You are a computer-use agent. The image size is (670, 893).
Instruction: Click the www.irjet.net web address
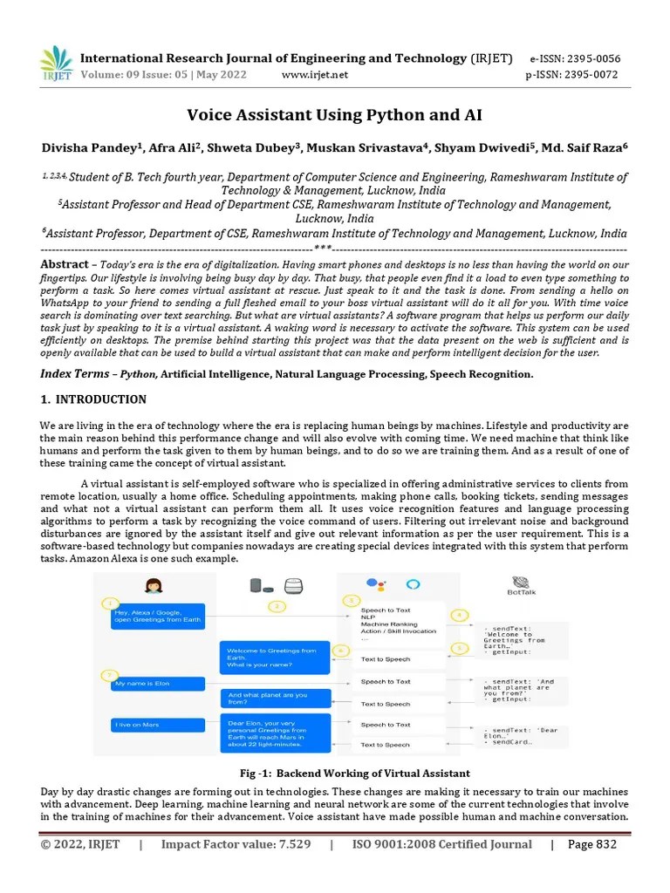click(x=315, y=75)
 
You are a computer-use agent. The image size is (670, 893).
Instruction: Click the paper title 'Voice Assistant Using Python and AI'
click(x=334, y=115)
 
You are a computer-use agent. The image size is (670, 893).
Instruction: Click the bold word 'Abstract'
click(x=65, y=264)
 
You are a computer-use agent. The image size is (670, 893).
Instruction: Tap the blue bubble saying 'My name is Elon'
click(x=157, y=684)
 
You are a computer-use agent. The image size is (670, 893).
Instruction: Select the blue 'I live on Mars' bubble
click(x=157, y=725)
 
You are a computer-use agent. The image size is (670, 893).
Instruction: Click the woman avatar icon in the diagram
click(x=154, y=586)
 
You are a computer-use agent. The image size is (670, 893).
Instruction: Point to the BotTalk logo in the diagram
click(x=522, y=585)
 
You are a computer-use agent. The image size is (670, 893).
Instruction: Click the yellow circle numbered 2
click(x=277, y=605)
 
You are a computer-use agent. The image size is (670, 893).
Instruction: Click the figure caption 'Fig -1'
click(x=354, y=774)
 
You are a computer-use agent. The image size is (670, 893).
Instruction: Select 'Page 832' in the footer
click(x=592, y=844)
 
